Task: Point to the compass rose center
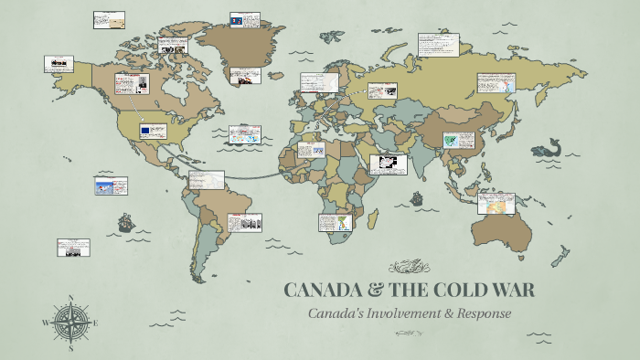(x=71, y=322)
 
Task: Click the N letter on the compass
(x=71, y=298)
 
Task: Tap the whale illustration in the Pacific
(x=549, y=147)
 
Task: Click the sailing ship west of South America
(x=125, y=223)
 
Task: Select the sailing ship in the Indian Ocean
(x=416, y=197)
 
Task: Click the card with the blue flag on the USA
(x=152, y=131)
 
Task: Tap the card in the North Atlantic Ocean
(x=244, y=134)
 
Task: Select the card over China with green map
(x=454, y=140)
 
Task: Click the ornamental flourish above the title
(x=408, y=267)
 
